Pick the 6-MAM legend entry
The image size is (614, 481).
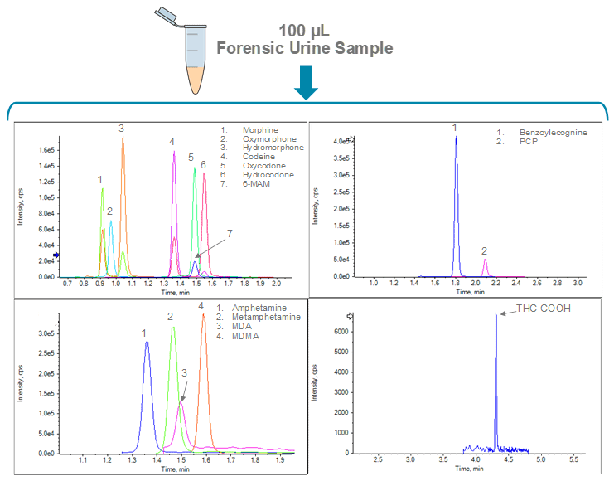click(x=257, y=185)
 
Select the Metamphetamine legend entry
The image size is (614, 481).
click(x=269, y=317)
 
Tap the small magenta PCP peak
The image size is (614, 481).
click(x=485, y=260)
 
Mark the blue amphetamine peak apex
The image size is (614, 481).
click(x=147, y=343)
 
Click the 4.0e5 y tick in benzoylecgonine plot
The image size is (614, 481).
click(x=341, y=142)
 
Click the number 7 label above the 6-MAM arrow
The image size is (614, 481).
click(x=230, y=234)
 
